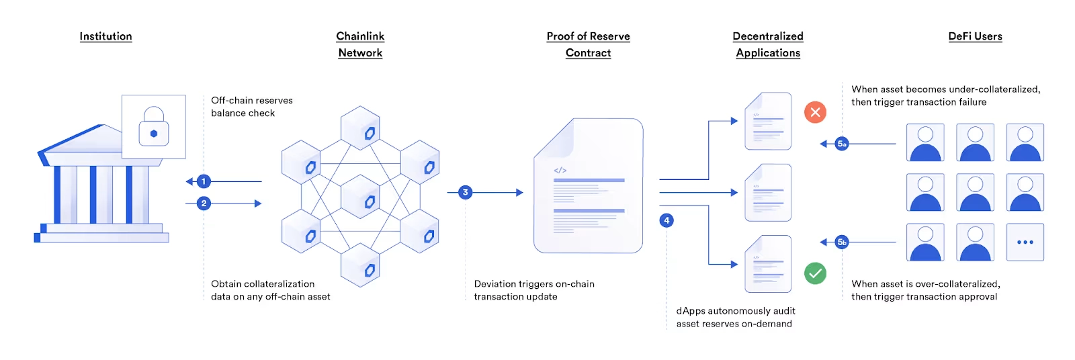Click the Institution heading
[105, 36]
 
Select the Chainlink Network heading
[360, 44]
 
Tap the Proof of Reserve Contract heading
[588, 44]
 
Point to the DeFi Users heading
[975, 36]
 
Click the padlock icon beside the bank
[154, 127]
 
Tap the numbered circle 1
[204, 181]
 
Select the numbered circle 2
[204, 204]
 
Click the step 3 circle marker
[465, 193]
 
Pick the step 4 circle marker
[666, 220]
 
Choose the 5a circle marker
[842, 144]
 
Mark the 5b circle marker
[842, 242]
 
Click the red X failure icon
[815, 112]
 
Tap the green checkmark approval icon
[815, 273]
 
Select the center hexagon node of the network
[360, 196]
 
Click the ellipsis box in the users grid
[1025, 242]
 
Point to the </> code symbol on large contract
[560, 171]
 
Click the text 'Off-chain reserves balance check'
[252, 107]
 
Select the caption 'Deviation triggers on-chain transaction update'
[534, 290]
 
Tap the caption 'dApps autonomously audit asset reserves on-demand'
[736, 317]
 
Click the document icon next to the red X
[768, 121]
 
